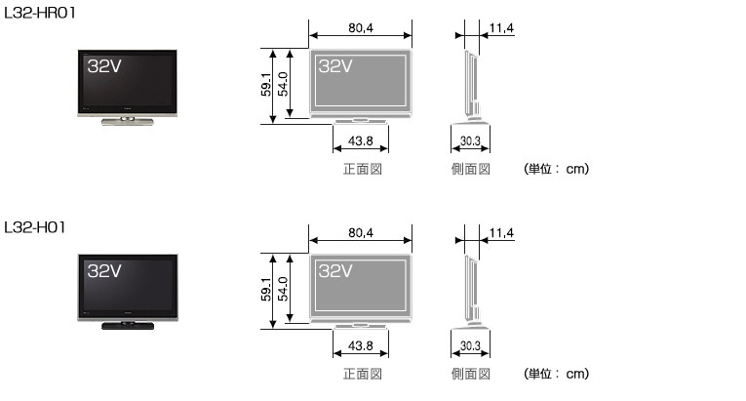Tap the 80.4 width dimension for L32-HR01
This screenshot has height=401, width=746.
[360, 28]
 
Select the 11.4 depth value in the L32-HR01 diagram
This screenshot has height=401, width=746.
[501, 28]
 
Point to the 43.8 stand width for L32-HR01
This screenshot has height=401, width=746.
[361, 142]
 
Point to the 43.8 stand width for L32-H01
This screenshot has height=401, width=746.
[361, 347]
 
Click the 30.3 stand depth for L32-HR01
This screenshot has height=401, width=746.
[469, 142]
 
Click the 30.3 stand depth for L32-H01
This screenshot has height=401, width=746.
[469, 347]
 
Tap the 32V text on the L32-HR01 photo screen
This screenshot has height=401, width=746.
[104, 67]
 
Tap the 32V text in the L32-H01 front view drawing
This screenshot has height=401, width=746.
[335, 271]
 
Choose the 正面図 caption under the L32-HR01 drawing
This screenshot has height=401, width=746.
[361, 169]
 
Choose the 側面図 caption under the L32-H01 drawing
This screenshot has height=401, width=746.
[469, 374]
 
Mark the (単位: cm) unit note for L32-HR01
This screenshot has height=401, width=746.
[557, 169]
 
